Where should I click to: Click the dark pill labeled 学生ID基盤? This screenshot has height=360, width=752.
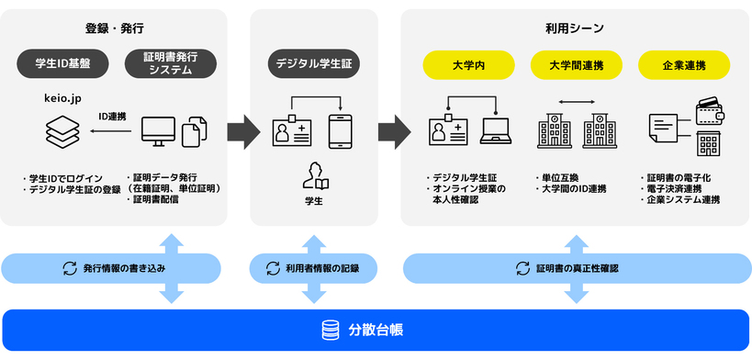pyautogui.click(x=62, y=63)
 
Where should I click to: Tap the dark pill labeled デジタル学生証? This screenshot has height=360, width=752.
pyautogui.click(x=313, y=64)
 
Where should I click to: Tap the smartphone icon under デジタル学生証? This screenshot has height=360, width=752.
pyautogui.click(x=341, y=130)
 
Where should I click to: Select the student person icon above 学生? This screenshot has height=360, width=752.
pyautogui.click(x=315, y=175)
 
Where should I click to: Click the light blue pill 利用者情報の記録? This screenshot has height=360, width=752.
pyautogui.click(x=313, y=268)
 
